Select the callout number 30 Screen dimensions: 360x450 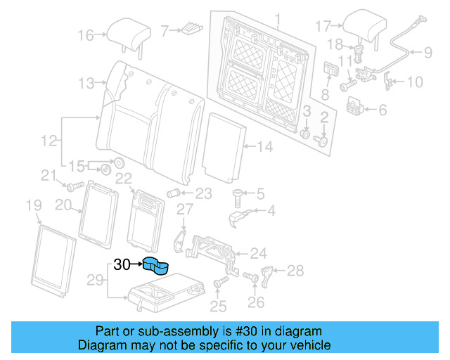point(122,265)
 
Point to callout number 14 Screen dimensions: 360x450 point(264,147)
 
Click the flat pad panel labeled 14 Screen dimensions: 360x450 point(224,146)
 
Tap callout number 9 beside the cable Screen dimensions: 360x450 point(428,51)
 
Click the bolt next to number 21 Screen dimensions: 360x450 point(73,186)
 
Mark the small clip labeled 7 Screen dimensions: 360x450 point(191,30)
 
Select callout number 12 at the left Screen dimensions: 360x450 point(48,141)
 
